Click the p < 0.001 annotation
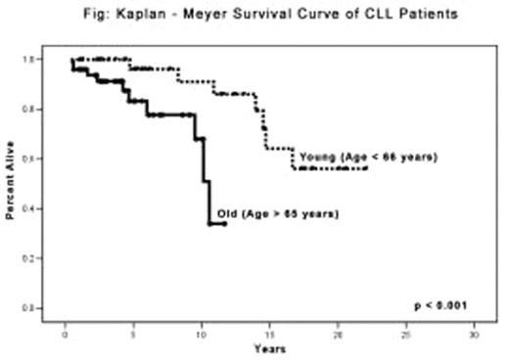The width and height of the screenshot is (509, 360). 440,305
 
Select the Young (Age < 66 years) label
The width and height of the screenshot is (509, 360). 368,157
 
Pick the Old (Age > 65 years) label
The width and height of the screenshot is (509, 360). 277,213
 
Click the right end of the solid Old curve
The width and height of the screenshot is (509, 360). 225,223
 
